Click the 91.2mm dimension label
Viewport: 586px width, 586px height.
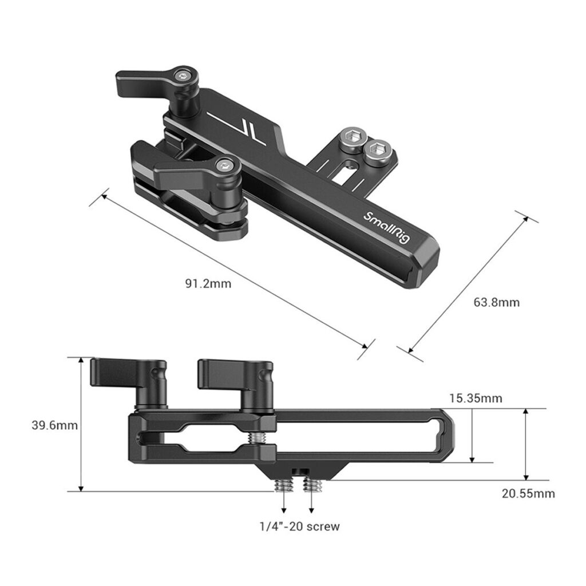(x=208, y=283)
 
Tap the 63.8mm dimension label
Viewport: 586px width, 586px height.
(x=497, y=302)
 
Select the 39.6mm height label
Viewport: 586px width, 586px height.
(x=54, y=425)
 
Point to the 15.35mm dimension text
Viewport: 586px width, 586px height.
(x=476, y=398)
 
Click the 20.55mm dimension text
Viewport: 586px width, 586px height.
(x=528, y=493)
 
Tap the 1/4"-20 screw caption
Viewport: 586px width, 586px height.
(x=300, y=526)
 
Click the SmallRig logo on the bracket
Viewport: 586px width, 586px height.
(x=386, y=227)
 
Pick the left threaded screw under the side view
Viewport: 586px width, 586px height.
(x=283, y=485)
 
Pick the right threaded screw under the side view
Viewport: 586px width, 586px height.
(x=312, y=485)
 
